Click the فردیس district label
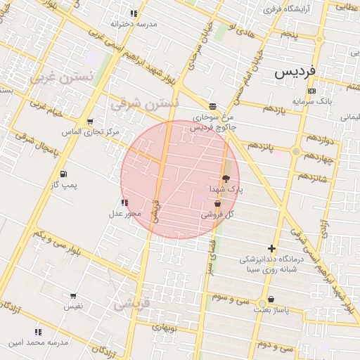click(x=296, y=71)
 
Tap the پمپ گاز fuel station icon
click(x=64, y=174)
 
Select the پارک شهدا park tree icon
click(x=226, y=179)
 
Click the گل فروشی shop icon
click(x=217, y=204)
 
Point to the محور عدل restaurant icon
click(x=125, y=203)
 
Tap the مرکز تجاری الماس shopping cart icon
click(x=89, y=122)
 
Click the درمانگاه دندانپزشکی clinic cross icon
click(x=272, y=248)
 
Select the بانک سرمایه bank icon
click(x=312, y=91)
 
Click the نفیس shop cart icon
click(x=74, y=296)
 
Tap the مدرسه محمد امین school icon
click(x=38, y=332)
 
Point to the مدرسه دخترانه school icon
click(x=134, y=13)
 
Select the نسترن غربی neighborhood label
click(x=61, y=77)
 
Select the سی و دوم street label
click(x=276, y=347)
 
